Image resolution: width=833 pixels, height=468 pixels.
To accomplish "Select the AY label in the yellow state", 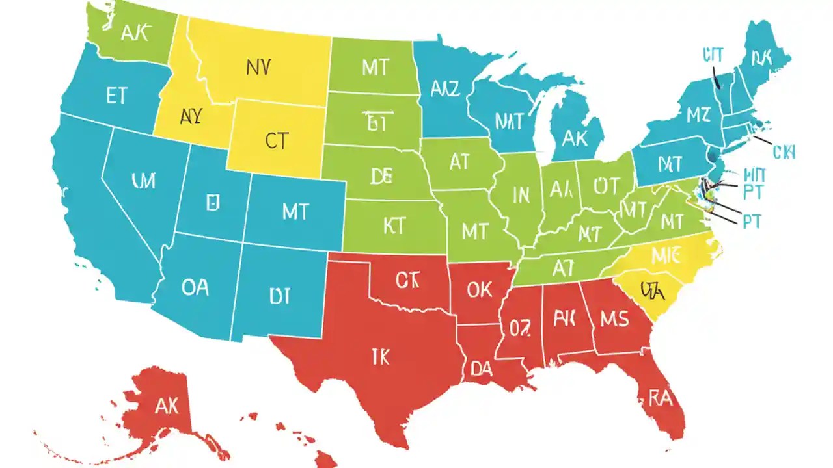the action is pos(190,116).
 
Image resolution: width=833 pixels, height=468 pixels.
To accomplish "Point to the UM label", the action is pos(143,181).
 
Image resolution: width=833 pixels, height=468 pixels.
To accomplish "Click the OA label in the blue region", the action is pos(195,287).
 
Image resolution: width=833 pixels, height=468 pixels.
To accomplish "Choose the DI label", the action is pos(279,297).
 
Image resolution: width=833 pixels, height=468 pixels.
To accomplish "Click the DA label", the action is pos(481,369).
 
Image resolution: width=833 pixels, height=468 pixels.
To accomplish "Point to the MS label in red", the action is pos(614,319).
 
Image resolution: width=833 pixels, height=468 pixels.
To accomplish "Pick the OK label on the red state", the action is pos(480,289).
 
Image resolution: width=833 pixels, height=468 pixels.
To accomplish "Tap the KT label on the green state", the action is pos(394,226).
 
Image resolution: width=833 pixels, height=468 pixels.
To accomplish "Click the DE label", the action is pos(381,176).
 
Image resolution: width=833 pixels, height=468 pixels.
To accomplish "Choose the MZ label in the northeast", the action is pos(698,116).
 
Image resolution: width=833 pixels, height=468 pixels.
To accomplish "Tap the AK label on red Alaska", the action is pos(167,406).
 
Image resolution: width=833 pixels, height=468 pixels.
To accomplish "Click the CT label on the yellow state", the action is pos(276,141).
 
